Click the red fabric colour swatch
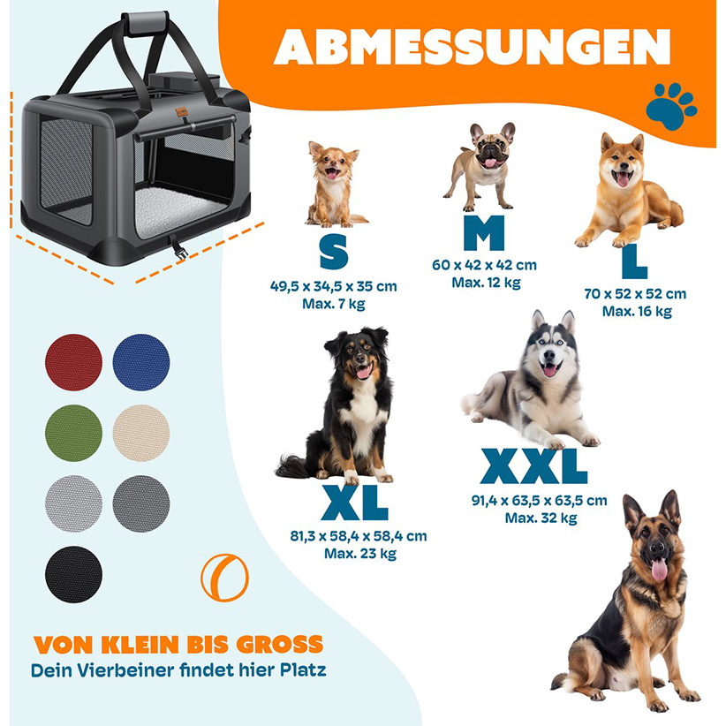[x=73, y=362]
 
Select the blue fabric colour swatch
[x=141, y=362]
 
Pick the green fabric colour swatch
[x=73, y=433]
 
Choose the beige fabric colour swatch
[x=141, y=433]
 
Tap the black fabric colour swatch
[x=73, y=575]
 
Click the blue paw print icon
[x=671, y=106]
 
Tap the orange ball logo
[x=224, y=578]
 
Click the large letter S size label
[x=334, y=252]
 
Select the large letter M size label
[x=484, y=232]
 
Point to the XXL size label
[x=533, y=466]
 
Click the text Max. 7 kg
[x=333, y=304]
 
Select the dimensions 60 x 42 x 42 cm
[x=484, y=265]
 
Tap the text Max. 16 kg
[x=637, y=311]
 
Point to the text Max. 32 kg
[x=541, y=518]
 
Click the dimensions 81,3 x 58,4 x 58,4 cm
[x=359, y=536]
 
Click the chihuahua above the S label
[x=334, y=185]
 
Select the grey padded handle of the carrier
[x=145, y=23]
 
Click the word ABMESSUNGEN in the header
[x=472, y=47]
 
